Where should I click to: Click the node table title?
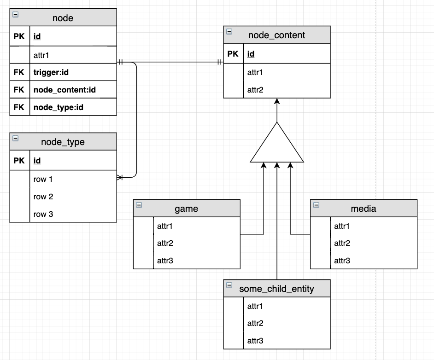tap(63, 18)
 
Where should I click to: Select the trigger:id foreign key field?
tap(51, 72)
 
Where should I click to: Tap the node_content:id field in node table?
tap(65, 90)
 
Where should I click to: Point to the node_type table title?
tap(63, 142)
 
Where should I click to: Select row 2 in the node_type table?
tap(43, 197)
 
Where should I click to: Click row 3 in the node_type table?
tap(43, 214)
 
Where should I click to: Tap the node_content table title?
tap(276, 35)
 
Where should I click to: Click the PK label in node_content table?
tap(233, 54)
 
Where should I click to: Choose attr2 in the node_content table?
tap(255, 90)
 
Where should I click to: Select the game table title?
tap(187, 209)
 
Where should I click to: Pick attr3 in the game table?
tap(165, 261)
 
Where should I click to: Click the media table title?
tap(364, 209)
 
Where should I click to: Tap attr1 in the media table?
tap(342, 226)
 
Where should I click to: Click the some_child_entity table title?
tap(276, 289)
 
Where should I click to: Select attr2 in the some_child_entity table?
tap(255, 323)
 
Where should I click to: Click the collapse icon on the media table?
tap(316, 206)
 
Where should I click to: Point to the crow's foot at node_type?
tap(120, 177)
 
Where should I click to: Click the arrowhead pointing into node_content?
tap(277, 101)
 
